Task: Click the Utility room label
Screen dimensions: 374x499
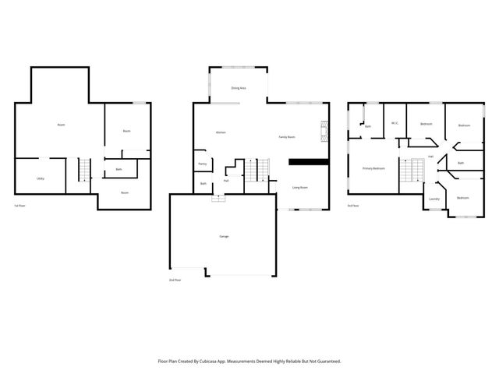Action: coord(40,178)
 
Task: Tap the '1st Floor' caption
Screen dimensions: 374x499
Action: coord(20,206)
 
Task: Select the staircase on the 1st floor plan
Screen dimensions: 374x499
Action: coord(84,169)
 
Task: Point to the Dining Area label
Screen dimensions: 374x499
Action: coord(239,89)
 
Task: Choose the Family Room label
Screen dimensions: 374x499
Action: coord(287,137)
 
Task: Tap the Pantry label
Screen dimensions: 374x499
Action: coord(203,164)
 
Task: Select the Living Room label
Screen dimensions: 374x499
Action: coord(298,188)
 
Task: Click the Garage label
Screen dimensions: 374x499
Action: coord(223,235)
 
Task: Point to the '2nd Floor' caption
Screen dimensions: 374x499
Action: coord(176,279)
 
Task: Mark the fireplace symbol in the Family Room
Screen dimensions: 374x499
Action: coord(319,130)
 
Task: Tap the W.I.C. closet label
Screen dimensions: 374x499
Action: coord(395,122)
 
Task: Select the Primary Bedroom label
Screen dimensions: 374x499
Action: coord(373,168)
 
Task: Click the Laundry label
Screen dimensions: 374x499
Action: coord(434,199)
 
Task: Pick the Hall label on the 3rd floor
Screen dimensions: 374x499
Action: coord(430,156)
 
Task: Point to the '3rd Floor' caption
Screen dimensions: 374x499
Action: coord(353,206)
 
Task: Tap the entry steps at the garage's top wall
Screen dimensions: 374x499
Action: coord(218,197)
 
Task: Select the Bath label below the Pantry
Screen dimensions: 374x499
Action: coord(203,184)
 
